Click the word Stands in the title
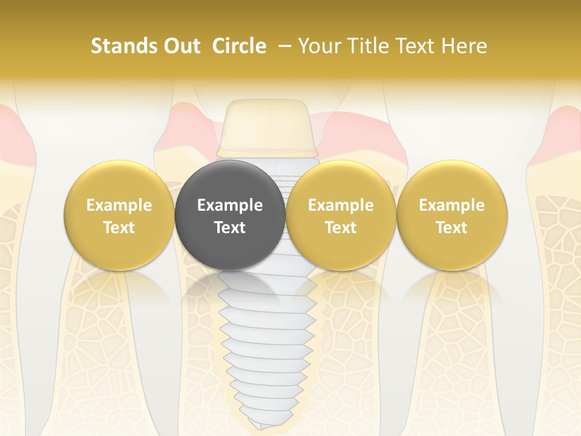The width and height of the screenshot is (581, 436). coord(123,46)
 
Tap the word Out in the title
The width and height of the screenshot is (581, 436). coord(180,46)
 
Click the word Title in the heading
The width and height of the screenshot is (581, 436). coord(369,46)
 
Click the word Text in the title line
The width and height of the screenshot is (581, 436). coord(417,46)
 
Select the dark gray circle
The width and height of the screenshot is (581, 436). coord(229,215)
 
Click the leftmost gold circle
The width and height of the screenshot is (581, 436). coord(119,215)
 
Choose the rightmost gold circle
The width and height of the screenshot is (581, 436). coord(451,215)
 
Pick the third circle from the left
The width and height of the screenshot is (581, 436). coord(341,215)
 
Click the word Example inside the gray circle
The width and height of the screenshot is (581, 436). coord(230,205)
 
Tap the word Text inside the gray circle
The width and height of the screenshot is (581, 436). coord(230,228)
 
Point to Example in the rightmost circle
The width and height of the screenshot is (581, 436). coord(451,205)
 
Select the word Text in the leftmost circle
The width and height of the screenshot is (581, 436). coord(119,228)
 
